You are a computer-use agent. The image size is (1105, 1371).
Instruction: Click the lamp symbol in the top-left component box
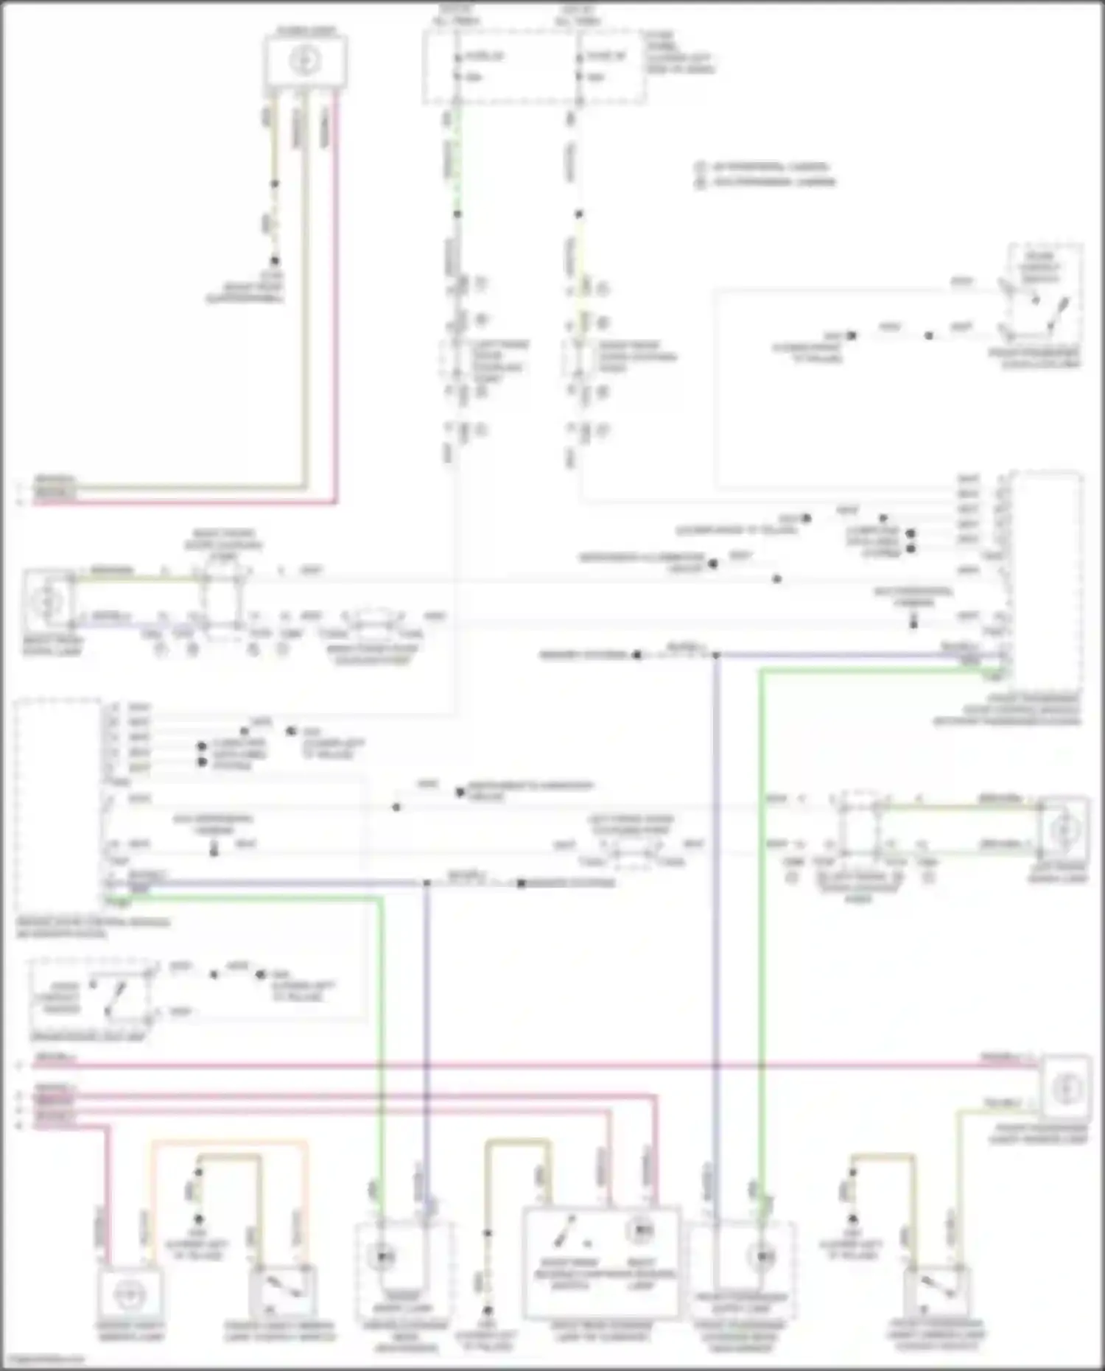[x=305, y=60]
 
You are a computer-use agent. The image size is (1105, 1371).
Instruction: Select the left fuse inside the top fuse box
[x=457, y=66]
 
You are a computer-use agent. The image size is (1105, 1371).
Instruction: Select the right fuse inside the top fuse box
[x=580, y=66]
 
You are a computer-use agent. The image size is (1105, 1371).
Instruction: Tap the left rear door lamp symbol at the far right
[x=1063, y=830]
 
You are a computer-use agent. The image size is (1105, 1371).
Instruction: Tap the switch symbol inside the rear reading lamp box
[x=566, y=1228]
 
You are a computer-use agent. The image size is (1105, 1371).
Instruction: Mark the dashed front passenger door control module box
[x=1047, y=575]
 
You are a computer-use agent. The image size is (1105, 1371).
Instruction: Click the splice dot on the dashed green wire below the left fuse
[x=457, y=214]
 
